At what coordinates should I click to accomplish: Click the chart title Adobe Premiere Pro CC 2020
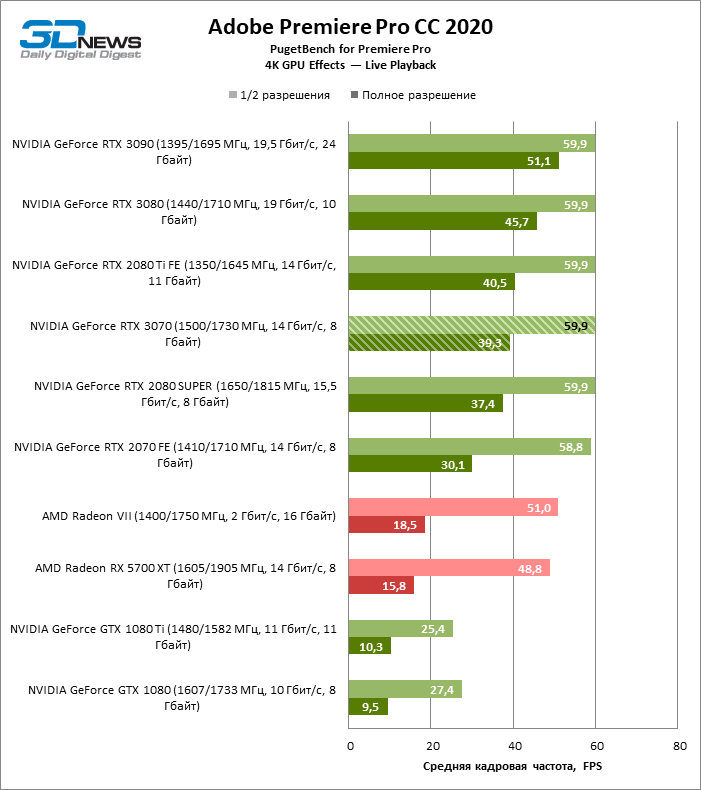click(350, 27)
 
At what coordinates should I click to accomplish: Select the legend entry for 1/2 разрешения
click(285, 95)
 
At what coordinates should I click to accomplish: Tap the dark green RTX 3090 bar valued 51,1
click(453, 161)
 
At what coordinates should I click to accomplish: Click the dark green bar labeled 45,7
click(442, 221)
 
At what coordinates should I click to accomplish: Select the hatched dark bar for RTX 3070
click(429, 343)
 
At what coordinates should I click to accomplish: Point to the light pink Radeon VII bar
click(453, 507)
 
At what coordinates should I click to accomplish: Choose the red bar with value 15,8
click(381, 585)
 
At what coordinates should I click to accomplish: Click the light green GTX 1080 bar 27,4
click(405, 689)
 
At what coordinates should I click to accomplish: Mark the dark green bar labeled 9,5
click(368, 707)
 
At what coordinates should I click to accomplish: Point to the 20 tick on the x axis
click(431, 746)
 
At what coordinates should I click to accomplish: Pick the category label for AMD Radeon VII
click(188, 516)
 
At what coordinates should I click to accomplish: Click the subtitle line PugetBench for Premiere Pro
click(350, 49)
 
